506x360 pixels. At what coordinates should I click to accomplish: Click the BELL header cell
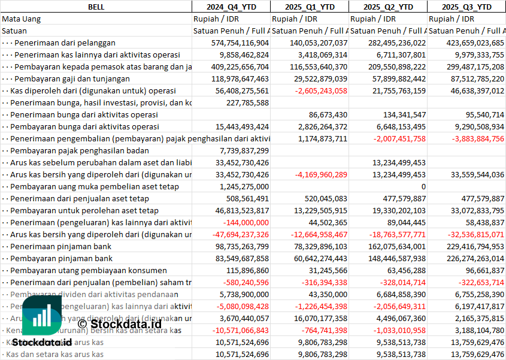(96, 7)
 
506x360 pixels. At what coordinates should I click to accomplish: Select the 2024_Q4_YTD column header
(231, 7)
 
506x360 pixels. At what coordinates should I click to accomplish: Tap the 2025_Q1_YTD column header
(309, 7)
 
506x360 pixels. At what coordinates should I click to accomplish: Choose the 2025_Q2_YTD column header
(388, 7)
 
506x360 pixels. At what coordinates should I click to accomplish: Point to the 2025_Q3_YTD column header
(466, 7)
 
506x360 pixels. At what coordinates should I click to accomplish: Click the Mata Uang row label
(22, 19)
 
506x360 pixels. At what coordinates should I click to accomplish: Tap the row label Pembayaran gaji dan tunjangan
(72, 78)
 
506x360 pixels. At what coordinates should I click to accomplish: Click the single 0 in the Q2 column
(423, 186)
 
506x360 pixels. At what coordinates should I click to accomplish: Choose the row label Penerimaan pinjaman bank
(61, 246)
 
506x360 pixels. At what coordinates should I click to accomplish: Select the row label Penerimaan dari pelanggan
(65, 43)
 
